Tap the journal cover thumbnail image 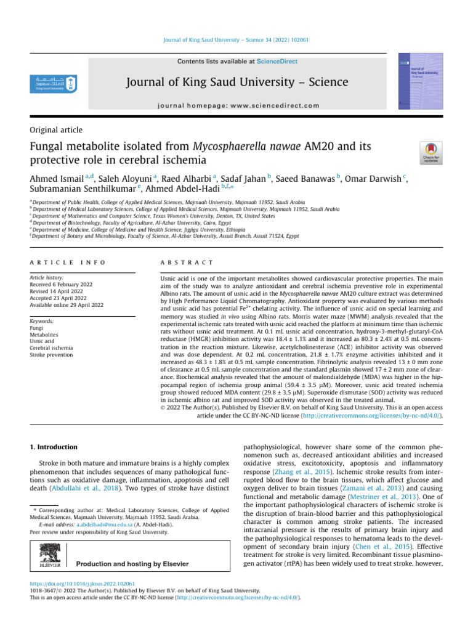(x=419, y=83)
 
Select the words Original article (x=56, y=130)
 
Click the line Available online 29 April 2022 (x=68, y=305)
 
